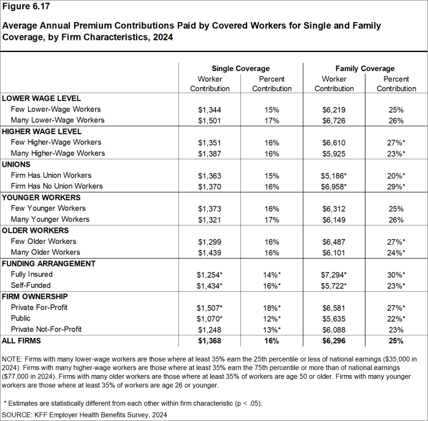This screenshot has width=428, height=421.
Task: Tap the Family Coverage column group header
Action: point(365,69)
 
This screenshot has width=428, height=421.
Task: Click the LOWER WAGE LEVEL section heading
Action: point(42,99)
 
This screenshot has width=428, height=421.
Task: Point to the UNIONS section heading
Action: point(17,165)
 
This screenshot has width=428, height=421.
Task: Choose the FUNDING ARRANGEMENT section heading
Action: point(48,264)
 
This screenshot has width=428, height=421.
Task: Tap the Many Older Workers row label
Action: point(45,252)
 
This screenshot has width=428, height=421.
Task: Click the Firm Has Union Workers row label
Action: point(52,175)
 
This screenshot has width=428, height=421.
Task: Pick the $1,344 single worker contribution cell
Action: point(210,110)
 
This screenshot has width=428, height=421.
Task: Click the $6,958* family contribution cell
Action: point(335,186)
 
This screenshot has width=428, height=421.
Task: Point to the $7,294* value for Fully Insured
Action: point(335,275)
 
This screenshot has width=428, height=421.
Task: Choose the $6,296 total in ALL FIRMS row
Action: point(334,340)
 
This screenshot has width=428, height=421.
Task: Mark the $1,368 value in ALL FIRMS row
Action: point(210,340)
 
